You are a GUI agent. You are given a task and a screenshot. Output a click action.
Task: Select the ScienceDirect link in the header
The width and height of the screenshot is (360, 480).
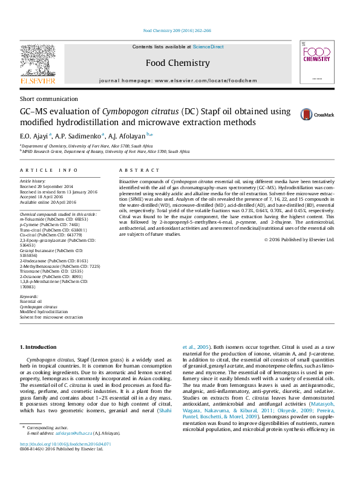pyautogui.click(x=208, y=47)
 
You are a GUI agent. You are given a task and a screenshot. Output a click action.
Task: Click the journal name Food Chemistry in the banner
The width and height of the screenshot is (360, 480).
pyautogui.click(x=178, y=63)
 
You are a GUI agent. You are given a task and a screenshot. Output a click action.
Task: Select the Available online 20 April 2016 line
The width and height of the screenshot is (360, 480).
pyautogui.click(x=47, y=202)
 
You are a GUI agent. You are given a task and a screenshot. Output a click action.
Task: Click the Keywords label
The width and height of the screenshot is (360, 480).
pyautogui.click(x=29, y=297)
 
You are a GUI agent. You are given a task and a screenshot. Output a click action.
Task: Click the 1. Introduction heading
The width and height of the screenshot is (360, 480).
pyautogui.click(x=39, y=347)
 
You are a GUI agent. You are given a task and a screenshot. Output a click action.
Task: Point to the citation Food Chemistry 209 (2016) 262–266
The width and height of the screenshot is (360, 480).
pyautogui.click(x=177, y=30)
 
